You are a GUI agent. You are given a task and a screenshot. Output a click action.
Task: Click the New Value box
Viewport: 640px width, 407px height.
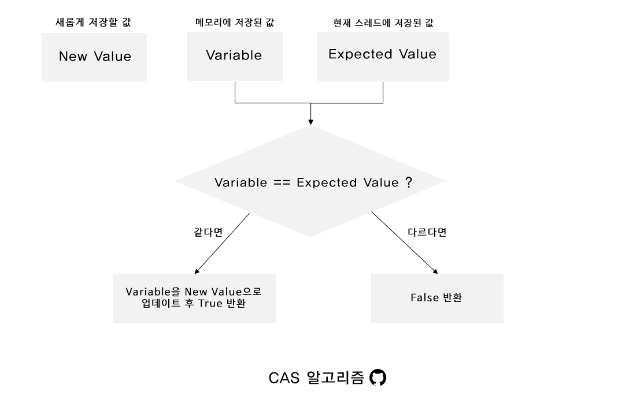[x=94, y=57]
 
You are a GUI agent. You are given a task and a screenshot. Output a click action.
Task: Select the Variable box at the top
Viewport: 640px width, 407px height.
[x=234, y=55]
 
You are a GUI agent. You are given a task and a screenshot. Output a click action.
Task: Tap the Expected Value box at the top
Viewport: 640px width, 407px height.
[x=382, y=54]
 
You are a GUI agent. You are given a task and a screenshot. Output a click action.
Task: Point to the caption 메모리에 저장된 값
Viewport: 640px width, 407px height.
[x=235, y=23]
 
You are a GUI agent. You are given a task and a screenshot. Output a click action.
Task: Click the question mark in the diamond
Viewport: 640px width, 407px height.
[x=408, y=182]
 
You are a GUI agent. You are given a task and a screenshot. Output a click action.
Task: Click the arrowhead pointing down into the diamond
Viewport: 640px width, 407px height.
[x=310, y=121]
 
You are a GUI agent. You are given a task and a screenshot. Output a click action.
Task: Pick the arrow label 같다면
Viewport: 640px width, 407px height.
[x=208, y=233]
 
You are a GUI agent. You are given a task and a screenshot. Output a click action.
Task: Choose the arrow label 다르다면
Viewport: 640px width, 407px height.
[x=427, y=233]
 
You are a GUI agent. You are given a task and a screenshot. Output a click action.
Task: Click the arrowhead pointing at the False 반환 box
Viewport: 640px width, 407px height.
[x=435, y=270]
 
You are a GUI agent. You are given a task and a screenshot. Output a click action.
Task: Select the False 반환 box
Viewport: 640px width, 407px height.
[x=436, y=298]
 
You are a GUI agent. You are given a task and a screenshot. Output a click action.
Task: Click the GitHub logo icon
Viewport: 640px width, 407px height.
[x=378, y=378]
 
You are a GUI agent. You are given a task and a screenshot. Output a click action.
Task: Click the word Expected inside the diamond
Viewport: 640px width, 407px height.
[x=327, y=183]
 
